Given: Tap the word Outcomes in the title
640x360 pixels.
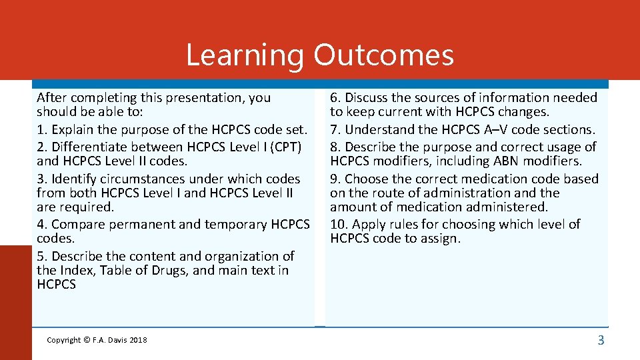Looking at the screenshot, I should (x=384, y=55).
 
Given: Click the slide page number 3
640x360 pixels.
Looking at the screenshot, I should (x=601, y=341).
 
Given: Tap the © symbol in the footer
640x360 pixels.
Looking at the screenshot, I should (x=87, y=341).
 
